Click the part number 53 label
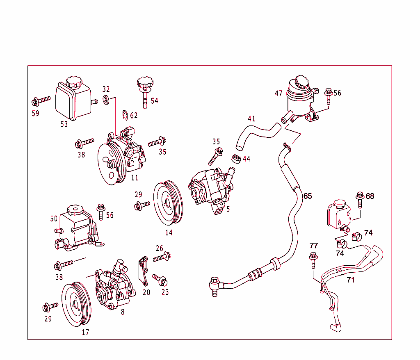(64, 124)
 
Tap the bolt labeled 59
(41, 100)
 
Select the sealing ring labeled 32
(106, 99)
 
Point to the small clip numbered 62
(126, 114)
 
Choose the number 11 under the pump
(135, 178)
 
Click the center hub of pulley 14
(168, 202)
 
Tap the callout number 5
(228, 209)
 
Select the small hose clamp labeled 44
(235, 158)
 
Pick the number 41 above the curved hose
(251, 119)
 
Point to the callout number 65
(308, 196)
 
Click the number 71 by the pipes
(351, 280)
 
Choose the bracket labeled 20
(143, 271)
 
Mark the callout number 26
(159, 248)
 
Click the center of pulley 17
(75, 304)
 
